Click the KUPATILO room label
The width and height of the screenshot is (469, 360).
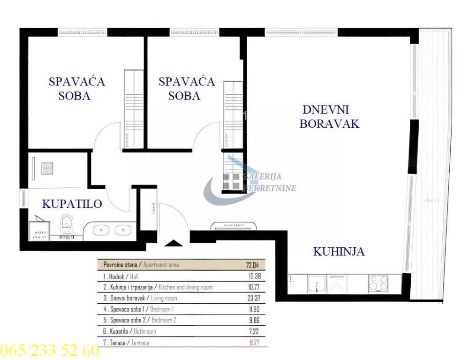point(72,204)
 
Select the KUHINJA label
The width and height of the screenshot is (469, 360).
point(339,252)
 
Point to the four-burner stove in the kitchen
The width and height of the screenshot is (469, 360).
point(378,283)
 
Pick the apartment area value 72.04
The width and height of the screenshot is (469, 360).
point(253,265)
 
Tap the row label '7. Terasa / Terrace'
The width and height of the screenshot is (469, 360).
point(129,343)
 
